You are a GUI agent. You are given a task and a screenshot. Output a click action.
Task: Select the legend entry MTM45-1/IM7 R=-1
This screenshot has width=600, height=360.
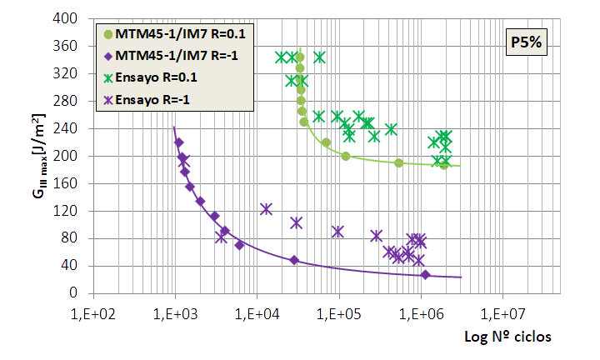178,56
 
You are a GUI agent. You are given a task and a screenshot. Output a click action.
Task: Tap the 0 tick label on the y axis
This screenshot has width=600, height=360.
73,293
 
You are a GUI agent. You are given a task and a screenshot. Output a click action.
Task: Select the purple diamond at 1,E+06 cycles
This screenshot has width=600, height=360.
425,275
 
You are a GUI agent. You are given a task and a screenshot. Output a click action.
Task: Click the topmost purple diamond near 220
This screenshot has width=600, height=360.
178,142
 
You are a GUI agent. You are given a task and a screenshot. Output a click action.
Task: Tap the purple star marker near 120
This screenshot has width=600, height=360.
266,208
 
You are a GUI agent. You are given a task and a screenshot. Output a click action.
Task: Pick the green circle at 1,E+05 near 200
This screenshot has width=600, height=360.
346,156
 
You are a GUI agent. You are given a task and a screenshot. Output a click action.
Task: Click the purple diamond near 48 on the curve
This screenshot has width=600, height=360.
293,260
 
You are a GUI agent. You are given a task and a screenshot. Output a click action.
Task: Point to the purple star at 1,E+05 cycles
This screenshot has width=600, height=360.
337,232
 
